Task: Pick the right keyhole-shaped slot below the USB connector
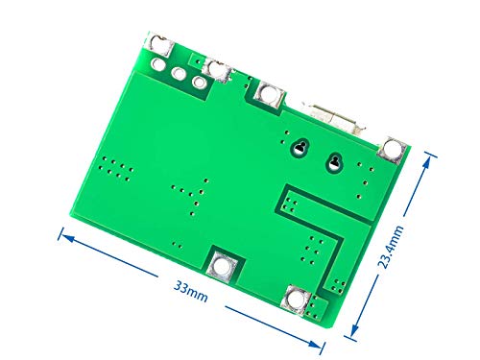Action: [x=335, y=161]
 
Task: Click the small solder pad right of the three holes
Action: [x=220, y=70]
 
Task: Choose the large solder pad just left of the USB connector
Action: [x=267, y=94]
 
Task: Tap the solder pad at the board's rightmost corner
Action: [x=392, y=149]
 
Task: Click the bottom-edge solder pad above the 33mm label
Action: [x=223, y=265]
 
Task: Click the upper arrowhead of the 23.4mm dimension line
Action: [x=426, y=156]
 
